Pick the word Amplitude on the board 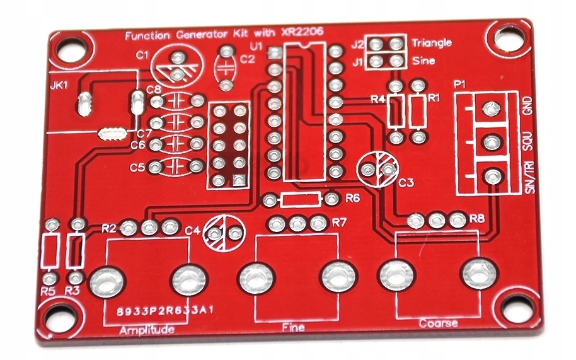click(146, 330)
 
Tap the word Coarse click(437, 323)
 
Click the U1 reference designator click(255, 46)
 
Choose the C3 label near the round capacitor click(406, 183)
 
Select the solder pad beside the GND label click(489, 108)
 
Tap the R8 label click(477, 219)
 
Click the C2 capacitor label click(248, 59)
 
